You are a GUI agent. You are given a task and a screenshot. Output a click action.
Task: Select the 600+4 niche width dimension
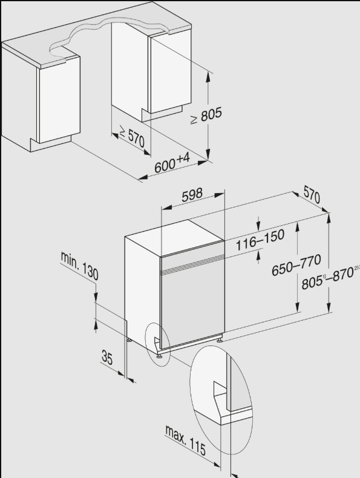pyautogui.click(x=172, y=163)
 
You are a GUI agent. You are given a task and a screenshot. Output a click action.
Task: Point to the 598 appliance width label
pyautogui.click(x=192, y=195)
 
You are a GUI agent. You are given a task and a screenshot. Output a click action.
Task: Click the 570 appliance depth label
pyautogui.click(x=312, y=194)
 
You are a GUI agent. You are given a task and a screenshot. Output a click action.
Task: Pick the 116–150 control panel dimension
pyautogui.click(x=260, y=240)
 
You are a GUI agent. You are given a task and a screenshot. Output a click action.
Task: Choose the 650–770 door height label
pyautogui.click(x=296, y=264)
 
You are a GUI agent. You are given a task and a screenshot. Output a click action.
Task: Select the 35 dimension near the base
pyautogui.click(x=106, y=357)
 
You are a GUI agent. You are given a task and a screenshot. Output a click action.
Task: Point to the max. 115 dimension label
pyautogui.click(x=185, y=440)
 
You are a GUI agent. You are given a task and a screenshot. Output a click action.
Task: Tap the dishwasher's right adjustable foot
pyautogui.click(x=220, y=339)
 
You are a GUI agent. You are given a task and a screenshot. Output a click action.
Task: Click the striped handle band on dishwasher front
pyautogui.click(x=192, y=264)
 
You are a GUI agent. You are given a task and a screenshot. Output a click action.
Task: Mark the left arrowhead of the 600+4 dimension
pyautogui.click(x=142, y=178)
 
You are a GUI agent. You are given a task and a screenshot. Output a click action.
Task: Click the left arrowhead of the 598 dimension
pyautogui.click(x=166, y=208)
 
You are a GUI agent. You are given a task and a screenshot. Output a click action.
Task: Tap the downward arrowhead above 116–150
pyautogui.click(x=258, y=226)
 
